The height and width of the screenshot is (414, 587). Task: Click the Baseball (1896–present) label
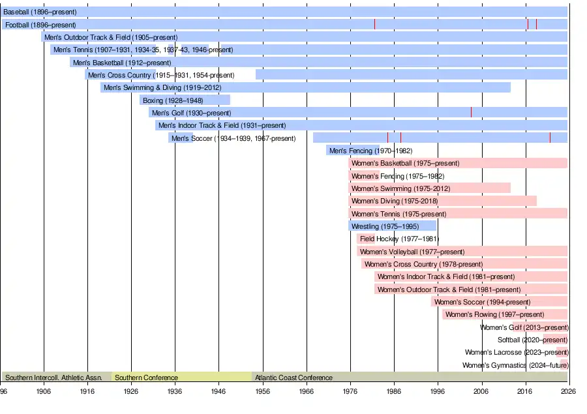40,12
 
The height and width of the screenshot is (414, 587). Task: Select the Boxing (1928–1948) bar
185,100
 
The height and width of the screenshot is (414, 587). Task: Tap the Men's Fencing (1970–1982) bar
353,151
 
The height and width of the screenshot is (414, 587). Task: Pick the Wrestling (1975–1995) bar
393,226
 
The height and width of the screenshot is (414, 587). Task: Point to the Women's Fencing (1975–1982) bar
364,176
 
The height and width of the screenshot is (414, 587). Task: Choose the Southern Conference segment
181,377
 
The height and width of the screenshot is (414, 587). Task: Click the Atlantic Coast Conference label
293,377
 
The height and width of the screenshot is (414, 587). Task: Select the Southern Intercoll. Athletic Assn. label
53,377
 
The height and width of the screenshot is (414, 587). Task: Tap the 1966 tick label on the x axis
307,391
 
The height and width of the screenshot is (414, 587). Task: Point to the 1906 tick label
44,391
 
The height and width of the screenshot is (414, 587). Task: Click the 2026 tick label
568,391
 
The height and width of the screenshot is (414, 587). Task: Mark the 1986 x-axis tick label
394,391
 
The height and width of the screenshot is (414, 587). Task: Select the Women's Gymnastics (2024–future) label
515,365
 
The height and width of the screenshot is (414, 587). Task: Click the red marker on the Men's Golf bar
471,113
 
